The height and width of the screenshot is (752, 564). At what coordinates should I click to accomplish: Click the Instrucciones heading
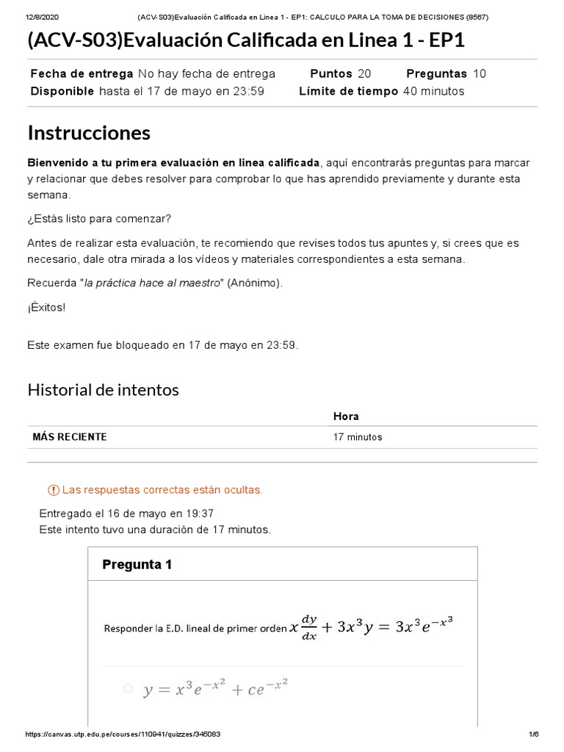point(89,133)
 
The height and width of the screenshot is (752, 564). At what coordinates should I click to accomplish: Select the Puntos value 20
point(364,73)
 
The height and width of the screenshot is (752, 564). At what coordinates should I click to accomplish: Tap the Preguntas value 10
point(479,73)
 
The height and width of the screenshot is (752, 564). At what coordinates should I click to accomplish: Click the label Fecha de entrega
point(82,73)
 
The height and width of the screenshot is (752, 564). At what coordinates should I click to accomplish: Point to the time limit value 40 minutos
point(433,91)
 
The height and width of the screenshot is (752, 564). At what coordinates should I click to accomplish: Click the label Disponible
point(62,91)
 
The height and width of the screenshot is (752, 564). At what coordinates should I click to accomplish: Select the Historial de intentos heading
point(103,390)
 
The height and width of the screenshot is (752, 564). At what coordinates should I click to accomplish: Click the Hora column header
point(346,416)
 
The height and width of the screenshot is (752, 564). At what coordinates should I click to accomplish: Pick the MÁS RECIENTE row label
point(70,437)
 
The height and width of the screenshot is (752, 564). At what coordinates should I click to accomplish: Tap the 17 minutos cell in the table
point(358,437)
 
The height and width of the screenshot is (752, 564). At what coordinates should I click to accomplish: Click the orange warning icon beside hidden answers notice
point(53,490)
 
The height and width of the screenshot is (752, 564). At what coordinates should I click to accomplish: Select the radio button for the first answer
point(128,688)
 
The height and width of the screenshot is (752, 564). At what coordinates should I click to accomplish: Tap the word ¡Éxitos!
point(46,307)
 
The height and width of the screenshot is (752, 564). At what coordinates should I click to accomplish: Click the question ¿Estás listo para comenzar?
point(99,219)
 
